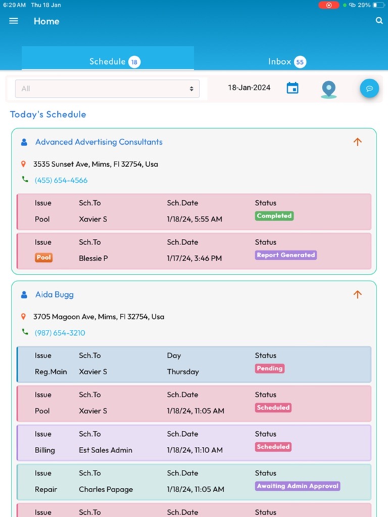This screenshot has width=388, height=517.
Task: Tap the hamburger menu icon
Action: pos(13,21)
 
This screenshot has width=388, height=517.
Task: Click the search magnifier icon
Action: pos(379,21)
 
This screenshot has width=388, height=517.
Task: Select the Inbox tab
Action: pos(287,62)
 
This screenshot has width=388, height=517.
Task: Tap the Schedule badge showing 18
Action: pos(134,62)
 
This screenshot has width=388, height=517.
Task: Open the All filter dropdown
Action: pos(107,88)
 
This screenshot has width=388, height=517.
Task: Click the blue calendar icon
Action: pos(292,88)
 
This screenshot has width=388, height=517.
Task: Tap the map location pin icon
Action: pos(329,90)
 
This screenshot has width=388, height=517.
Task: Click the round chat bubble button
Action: pos(369,88)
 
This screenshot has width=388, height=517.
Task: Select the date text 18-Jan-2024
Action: pos(249,88)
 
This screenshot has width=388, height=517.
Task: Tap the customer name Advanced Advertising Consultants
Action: pos(98,142)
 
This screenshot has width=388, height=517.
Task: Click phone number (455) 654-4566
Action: pos(61,180)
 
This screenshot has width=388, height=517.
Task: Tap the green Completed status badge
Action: pos(274,216)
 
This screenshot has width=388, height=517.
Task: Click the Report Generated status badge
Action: pos(286,255)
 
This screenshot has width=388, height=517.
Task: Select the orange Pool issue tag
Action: pos(44,258)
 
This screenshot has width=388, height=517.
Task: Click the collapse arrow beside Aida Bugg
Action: pos(358,294)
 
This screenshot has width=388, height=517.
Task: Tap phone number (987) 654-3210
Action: pos(60,333)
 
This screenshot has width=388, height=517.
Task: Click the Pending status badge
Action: pos(269,369)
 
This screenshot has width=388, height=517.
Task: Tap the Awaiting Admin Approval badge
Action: pos(298,486)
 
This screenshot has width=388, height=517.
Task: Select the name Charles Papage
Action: pos(106,489)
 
